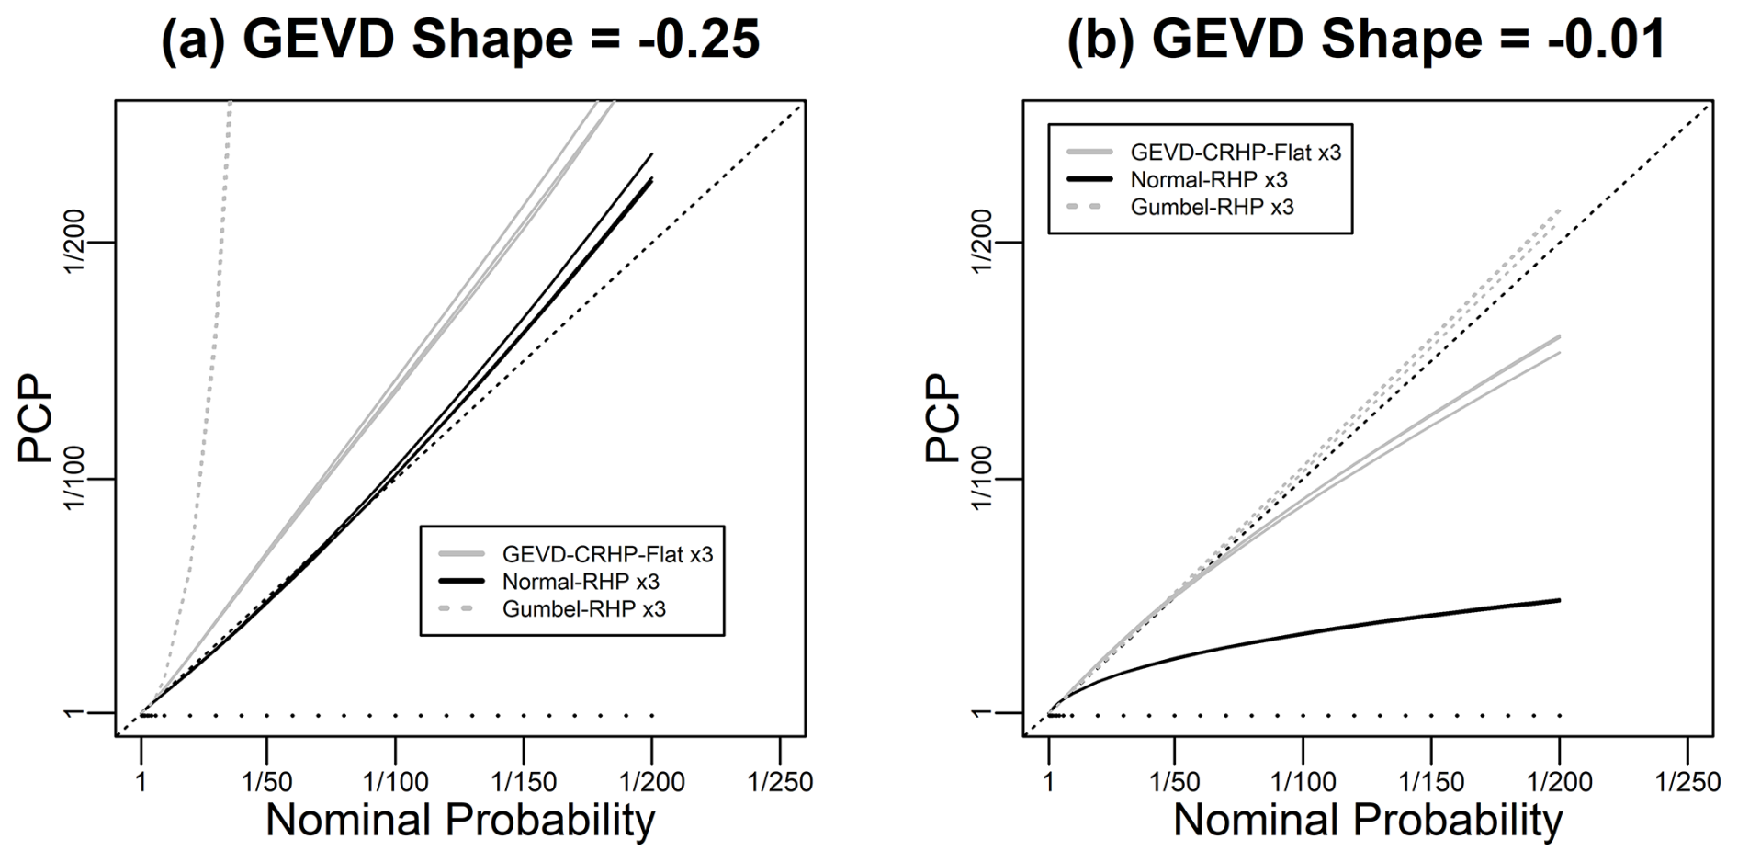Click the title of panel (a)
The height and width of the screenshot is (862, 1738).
coord(460,40)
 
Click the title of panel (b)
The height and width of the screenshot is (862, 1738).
coord(1366,40)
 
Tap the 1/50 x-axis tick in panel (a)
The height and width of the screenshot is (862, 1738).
coord(267,782)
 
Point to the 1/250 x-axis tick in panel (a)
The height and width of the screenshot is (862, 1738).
coord(780,782)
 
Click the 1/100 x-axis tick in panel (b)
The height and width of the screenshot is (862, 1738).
coord(1303,782)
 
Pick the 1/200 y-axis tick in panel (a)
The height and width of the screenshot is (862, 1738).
coord(73,241)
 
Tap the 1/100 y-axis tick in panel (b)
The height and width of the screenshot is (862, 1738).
coord(982,478)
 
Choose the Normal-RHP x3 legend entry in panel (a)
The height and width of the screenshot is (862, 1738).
coord(581,582)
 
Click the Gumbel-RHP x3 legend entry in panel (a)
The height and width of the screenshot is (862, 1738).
coord(583,609)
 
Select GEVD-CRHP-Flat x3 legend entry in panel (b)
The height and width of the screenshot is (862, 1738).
coord(1235,152)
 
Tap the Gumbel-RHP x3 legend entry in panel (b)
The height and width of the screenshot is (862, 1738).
coord(1212,207)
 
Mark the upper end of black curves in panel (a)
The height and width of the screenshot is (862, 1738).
coord(651,156)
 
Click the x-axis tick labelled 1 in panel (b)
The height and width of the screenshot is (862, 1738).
coord(1049,782)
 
